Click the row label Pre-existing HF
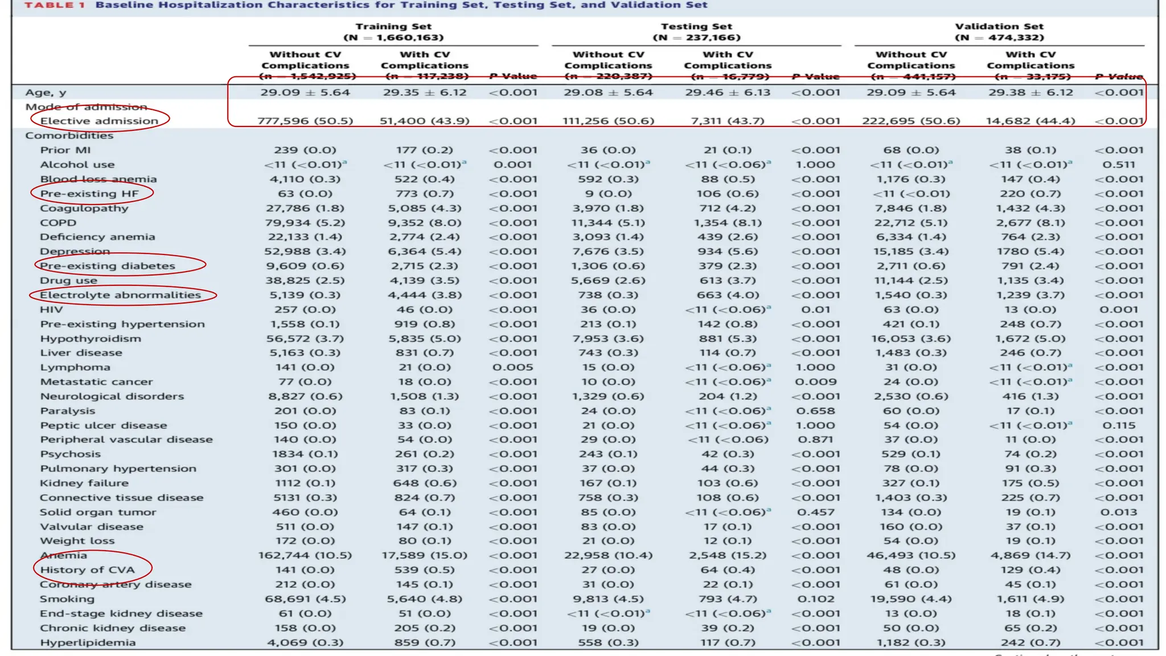[89, 194]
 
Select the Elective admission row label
[99, 121]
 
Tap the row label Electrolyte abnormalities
[120, 295]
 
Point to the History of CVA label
[87, 570]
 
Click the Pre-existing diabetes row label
[108, 266]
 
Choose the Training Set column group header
[393, 32]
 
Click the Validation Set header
[999, 32]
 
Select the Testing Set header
[696, 32]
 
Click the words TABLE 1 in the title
[55, 5]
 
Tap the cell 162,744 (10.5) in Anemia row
[305, 555]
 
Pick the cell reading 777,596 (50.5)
[305, 121]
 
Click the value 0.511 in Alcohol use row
[1119, 165]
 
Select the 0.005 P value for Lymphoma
[513, 367]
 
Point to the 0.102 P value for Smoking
[816, 599]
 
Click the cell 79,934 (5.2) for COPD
[305, 223]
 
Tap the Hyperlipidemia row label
[88, 643]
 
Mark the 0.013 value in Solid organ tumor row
[1119, 512]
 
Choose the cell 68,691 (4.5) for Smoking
[305, 599]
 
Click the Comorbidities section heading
[69, 136]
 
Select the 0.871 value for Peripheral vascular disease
[816, 440]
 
